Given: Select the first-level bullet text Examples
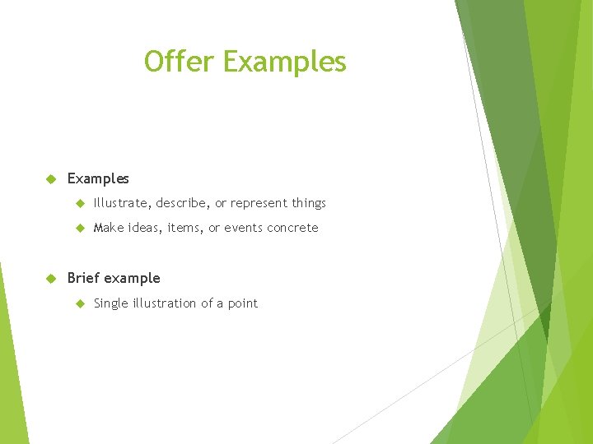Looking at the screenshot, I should [x=98, y=178].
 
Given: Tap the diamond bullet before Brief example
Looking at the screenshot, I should [x=49, y=278].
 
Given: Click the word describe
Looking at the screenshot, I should [x=183, y=203].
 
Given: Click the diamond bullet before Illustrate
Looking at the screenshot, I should [x=80, y=203].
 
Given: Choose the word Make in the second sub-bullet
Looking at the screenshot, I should [x=108, y=228].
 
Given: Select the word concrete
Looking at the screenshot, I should [x=292, y=228].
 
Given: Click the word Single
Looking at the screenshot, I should [x=111, y=303].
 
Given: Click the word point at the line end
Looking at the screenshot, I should [x=243, y=304].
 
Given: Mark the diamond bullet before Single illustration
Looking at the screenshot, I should [x=80, y=303].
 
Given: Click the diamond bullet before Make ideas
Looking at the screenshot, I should [x=80, y=228].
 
